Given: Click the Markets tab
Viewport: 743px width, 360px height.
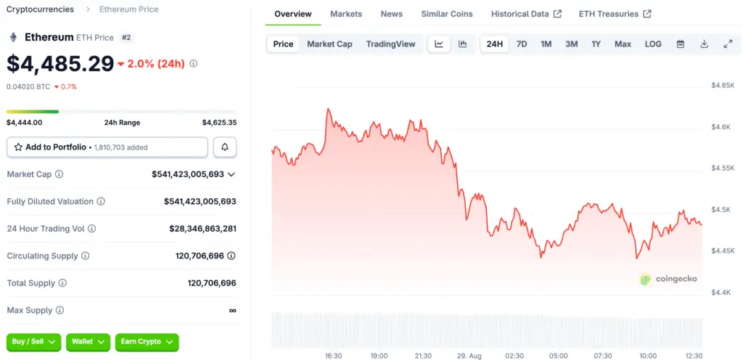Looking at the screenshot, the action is tap(346, 14).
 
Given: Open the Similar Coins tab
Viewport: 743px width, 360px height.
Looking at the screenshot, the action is tap(447, 14).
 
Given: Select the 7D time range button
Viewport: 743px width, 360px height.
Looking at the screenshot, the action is tap(521, 44).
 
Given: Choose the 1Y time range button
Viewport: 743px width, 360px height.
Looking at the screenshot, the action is tap(596, 44).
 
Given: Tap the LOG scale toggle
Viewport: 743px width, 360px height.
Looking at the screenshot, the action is tap(653, 44).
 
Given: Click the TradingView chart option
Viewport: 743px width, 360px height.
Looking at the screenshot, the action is tap(390, 44).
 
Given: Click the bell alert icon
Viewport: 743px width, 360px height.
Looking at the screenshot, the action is tap(225, 147).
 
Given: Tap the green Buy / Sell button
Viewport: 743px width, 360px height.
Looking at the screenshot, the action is tap(33, 342).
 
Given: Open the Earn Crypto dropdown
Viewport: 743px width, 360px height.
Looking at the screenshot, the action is tap(147, 342).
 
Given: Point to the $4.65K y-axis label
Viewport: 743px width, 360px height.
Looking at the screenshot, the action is tap(723, 85).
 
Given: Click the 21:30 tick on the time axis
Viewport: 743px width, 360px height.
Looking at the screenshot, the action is tap(423, 356).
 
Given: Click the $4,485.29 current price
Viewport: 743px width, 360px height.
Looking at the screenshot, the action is tap(60, 64).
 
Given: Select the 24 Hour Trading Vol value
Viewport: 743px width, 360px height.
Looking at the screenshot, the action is tap(203, 229).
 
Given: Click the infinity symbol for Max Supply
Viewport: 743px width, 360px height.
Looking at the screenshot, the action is tap(232, 311).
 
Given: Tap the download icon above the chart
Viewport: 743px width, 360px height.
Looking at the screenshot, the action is tap(704, 44).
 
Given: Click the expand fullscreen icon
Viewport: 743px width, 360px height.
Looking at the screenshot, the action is tap(728, 44).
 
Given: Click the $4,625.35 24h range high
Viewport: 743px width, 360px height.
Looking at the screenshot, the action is tap(219, 123).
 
